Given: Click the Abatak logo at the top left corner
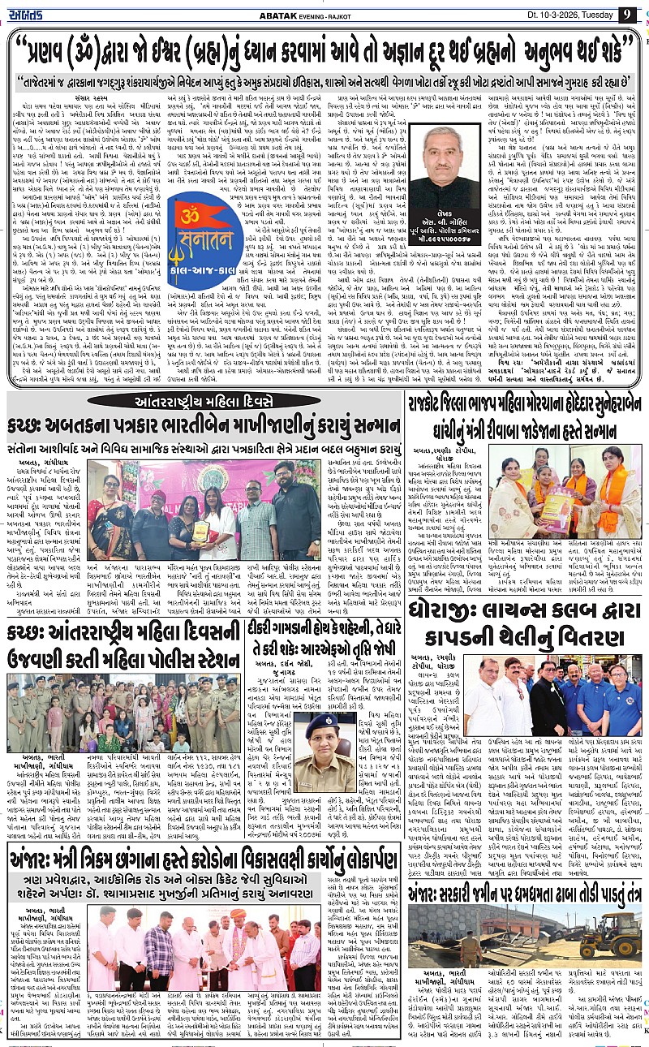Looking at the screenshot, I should pyautogui.click(x=28, y=13).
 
